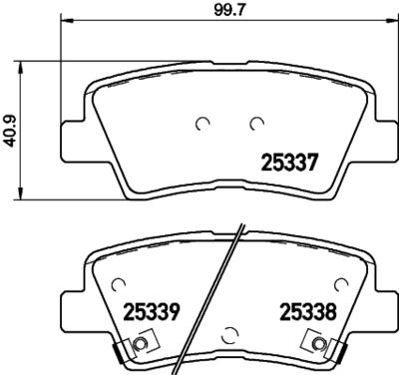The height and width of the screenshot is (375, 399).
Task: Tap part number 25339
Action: (x=151, y=310)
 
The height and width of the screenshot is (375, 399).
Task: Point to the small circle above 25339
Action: (x=120, y=283)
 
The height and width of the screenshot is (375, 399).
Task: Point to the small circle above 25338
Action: (x=338, y=284)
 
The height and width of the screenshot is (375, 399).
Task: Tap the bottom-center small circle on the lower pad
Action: (x=229, y=334)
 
